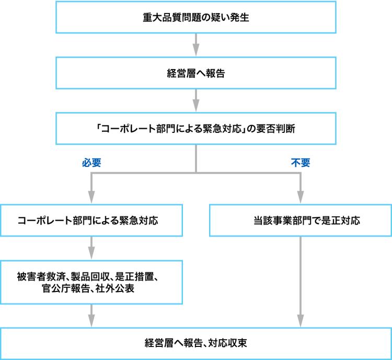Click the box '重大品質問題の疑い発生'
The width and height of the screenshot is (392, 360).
coord(195,18)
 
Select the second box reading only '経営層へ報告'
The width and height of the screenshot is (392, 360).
coord(195,73)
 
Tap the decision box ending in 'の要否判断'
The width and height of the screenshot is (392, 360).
coord(195,129)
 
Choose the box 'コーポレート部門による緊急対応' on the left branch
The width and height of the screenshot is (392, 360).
coord(91,220)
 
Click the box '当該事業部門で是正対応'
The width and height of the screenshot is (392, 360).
coord(301,220)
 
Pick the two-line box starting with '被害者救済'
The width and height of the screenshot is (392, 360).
coord(91,283)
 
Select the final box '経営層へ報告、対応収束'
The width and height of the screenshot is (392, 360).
coord(195,344)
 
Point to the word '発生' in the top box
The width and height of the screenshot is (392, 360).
coord(239,18)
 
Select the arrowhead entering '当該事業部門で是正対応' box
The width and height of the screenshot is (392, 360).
coord(300,199)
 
